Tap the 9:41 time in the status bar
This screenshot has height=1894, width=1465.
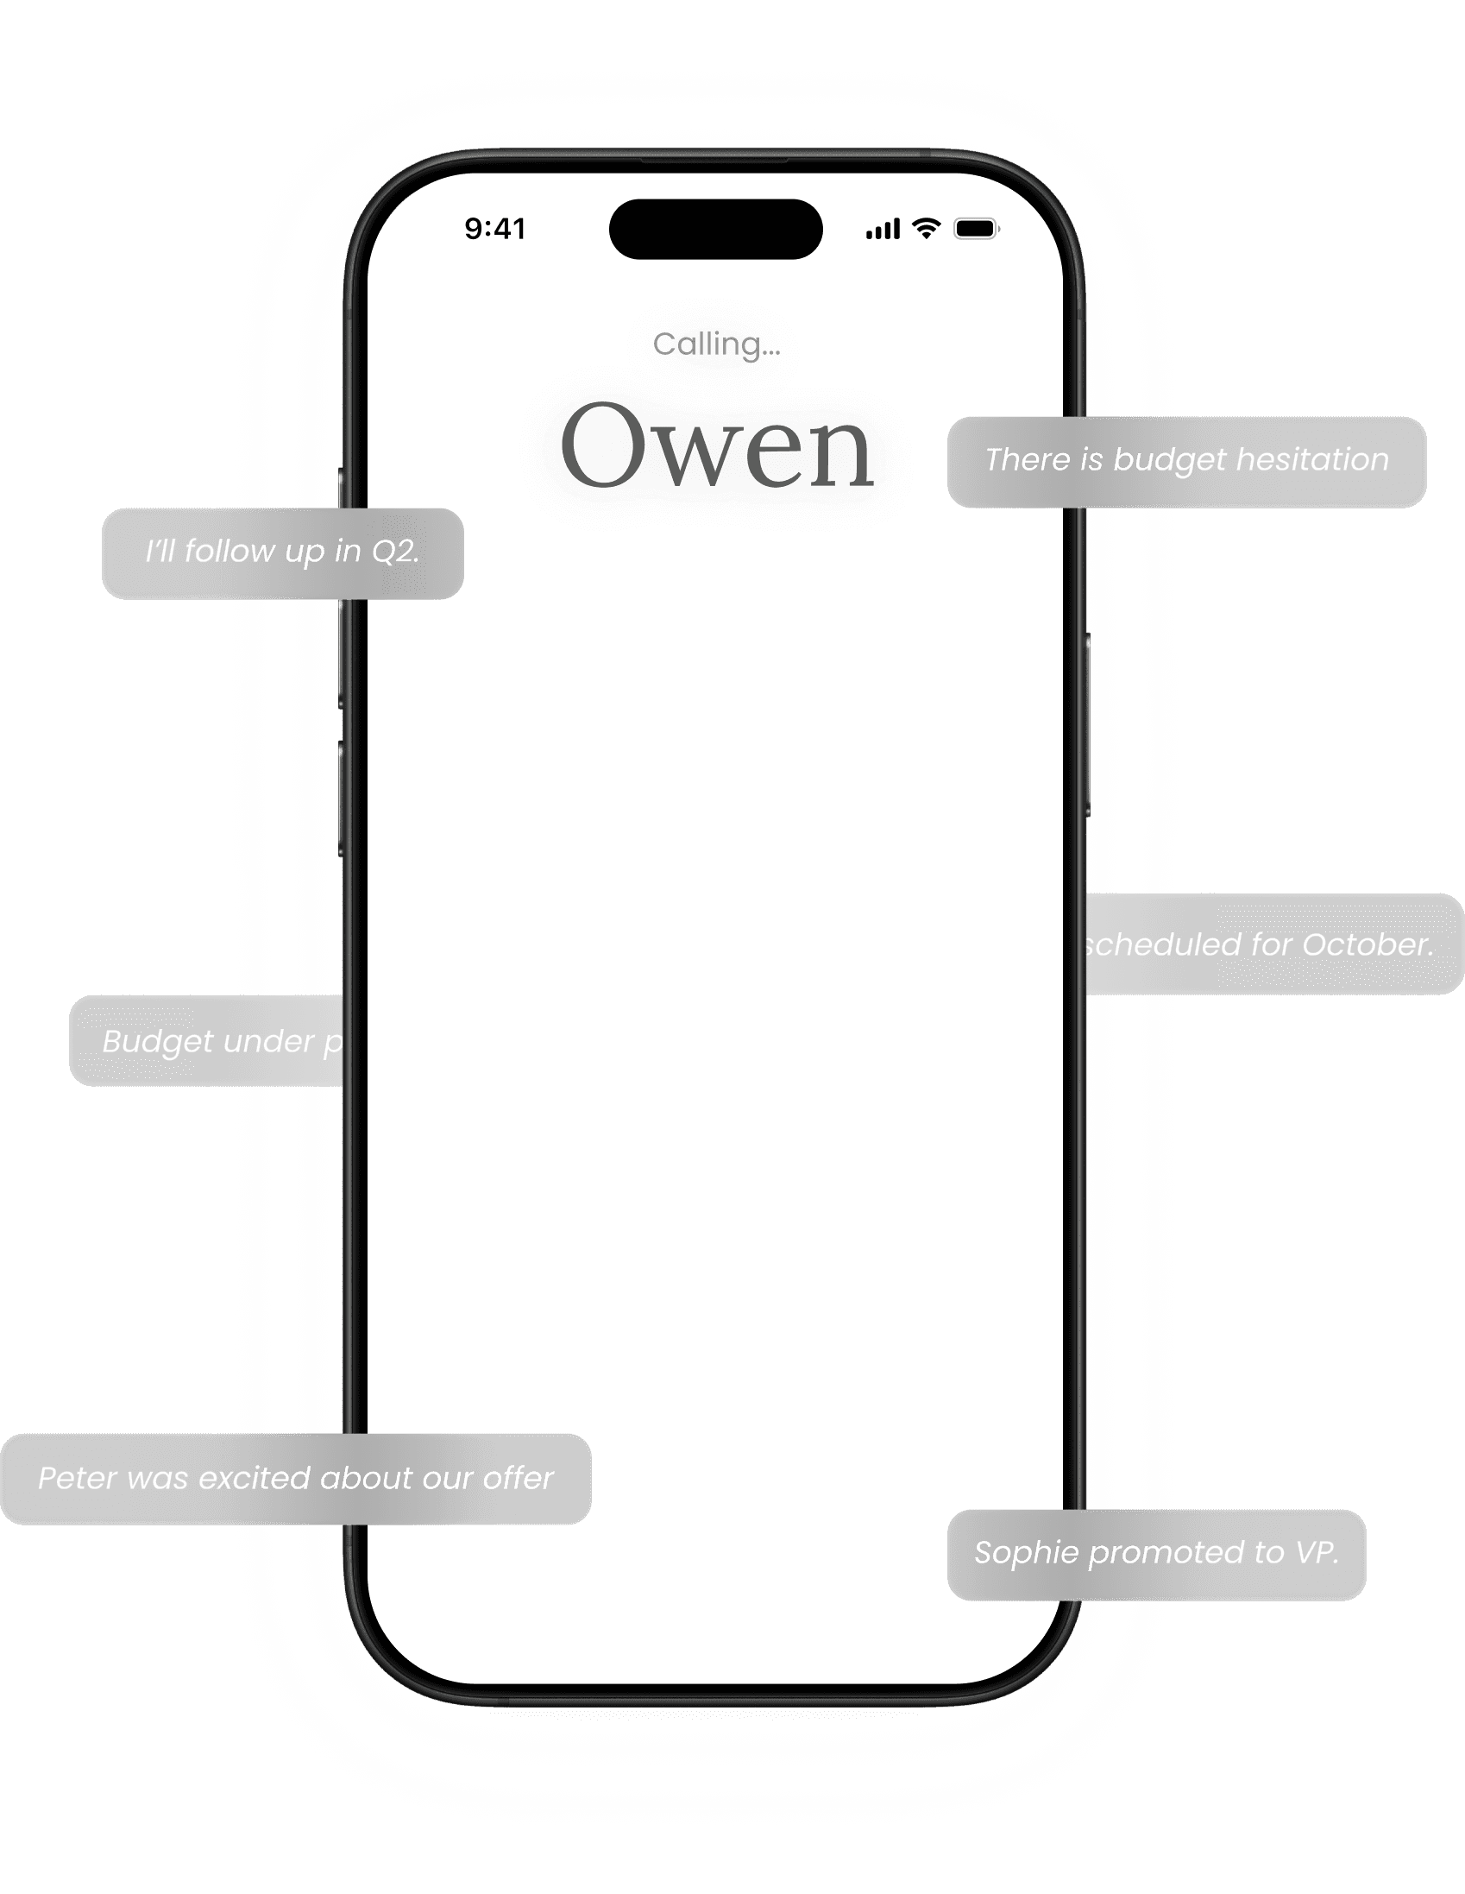coord(495,229)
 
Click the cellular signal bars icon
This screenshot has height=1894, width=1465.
coord(883,229)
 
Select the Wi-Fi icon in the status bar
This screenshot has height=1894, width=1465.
coord(927,228)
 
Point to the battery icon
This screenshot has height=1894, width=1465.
coord(976,229)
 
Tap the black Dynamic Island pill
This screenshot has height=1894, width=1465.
coord(716,229)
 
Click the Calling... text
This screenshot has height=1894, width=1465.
coord(717,344)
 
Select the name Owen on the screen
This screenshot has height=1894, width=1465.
coord(717,447)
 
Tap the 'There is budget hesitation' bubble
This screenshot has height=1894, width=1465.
coord(1185,461)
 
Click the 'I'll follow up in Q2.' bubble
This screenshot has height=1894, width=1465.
coord(283,553)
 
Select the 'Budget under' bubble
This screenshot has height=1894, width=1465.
coord(208,1040)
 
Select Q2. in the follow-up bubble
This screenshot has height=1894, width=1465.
coord(395,552)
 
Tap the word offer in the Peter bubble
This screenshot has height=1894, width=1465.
coord(518,1479)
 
